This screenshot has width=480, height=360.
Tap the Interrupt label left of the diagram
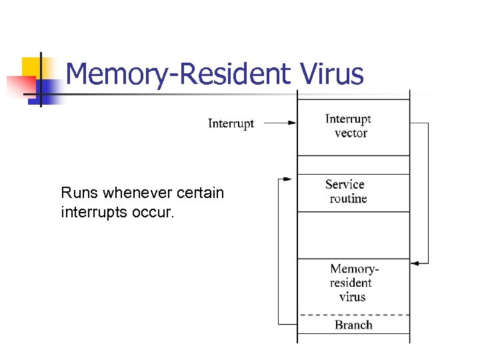pyautogui.click(x=231, y=123)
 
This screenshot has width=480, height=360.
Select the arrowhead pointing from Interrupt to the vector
pyautogui.click(x=291, y=123)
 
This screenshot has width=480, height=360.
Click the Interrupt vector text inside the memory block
pyautogui.click(x=348, y=126)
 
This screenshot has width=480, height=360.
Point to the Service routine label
pyautogui.click(x=346, y=191)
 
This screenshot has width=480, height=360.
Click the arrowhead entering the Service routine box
pyautogui.click(x=287, y=179)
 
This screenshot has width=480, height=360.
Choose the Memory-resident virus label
pyautogui.click(x=353, y=283)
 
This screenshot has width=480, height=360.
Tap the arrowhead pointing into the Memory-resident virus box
pyautogui.click(x=415, y=263)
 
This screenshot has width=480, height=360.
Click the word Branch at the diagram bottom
pyautogui.click(x=353, y=325)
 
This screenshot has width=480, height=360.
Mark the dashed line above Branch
pyautogui.click(x=353, y=314)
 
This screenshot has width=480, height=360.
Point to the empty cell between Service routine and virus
pyautogui.click(x=353, y=235)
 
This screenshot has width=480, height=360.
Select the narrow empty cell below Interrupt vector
pyautogui.click(x=353, y=165)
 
